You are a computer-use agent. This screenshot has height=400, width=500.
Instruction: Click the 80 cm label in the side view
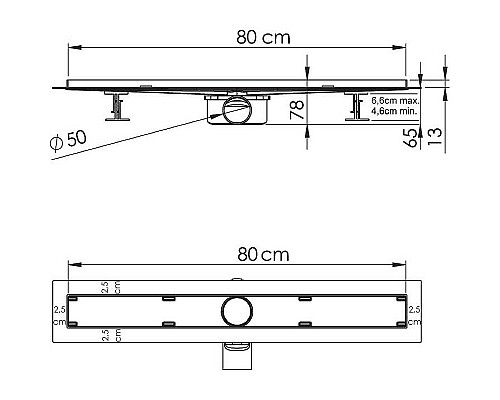[263, 37]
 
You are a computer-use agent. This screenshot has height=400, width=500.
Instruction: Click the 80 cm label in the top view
[263, 255]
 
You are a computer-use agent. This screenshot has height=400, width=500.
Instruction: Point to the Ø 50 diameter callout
[68, 140]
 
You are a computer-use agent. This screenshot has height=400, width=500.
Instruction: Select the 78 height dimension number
[297, 110]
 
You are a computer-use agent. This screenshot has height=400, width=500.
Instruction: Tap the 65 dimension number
[411, 138]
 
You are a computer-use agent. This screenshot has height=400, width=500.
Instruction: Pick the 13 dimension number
[435, 136]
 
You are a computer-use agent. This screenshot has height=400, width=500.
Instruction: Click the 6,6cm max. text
[395, 101]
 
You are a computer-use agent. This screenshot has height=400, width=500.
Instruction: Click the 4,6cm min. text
[394, 111]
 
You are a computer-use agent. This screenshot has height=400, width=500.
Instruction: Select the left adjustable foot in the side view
[118, 107]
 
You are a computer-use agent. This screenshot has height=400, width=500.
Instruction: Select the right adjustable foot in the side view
[357, 107]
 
